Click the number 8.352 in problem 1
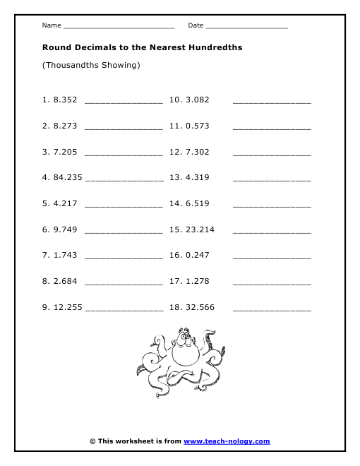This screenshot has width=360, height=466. pos(65,100)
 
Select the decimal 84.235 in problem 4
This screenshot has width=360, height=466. pos(68,178)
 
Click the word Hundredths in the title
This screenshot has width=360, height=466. pos(212,47)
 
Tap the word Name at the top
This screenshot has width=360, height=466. pos(52,25)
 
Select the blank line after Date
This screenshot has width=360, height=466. pos(247,27)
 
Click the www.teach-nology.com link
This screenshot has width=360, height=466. pos(227,441)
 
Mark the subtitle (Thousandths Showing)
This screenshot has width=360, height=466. pos(91,65)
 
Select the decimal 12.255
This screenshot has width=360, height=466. pos(68,308)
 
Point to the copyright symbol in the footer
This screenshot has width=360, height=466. pos(92,441)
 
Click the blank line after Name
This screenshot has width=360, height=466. pos(119,27)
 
